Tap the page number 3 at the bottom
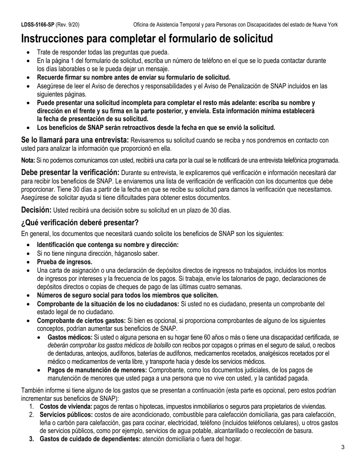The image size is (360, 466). click(x=343, y=447)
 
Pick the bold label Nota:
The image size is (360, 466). click(x=28, y=160)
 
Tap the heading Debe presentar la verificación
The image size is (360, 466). click(x=70, y=172)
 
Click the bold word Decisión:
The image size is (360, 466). click(x=36, y=210)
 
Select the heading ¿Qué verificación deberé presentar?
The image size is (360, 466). click(x=80, y=222)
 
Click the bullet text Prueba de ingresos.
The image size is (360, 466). click(x=64, y=262)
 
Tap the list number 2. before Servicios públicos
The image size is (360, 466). click(x=32, y=414)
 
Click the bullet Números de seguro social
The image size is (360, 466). click(x=127, y=295)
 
